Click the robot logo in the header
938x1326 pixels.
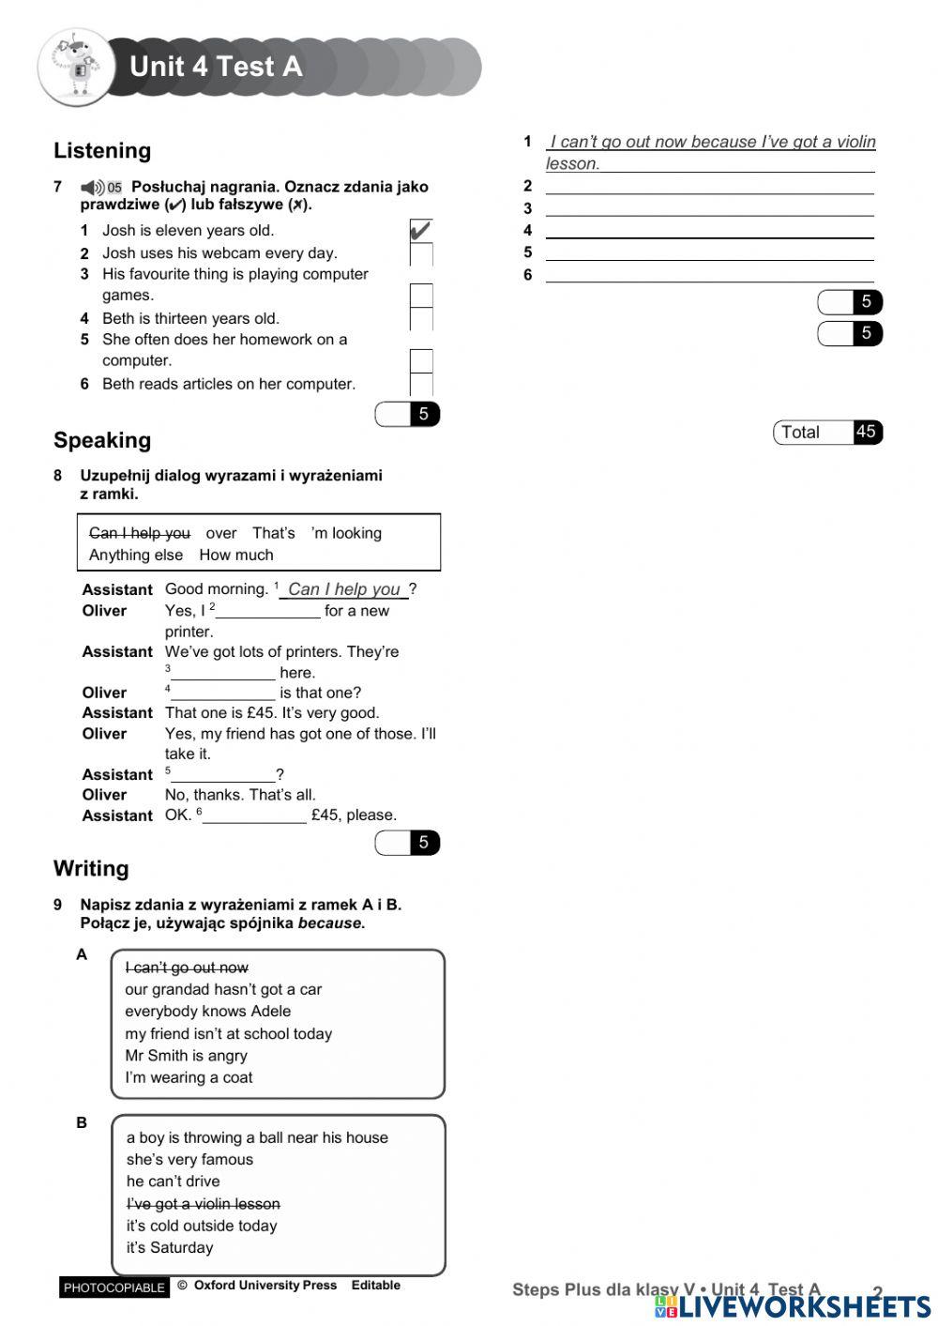73,67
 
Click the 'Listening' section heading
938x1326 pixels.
102,151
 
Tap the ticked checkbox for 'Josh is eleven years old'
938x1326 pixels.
421,230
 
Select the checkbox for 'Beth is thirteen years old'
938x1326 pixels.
421,318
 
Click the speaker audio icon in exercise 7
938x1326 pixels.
93,187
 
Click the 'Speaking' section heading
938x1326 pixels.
102,440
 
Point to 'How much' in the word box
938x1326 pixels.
236,555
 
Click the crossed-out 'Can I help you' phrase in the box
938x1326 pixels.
140,533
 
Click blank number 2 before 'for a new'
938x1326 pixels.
268,611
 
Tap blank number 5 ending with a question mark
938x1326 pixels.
223,775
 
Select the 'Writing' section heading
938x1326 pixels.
91,868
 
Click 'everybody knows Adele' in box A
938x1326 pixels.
207,1012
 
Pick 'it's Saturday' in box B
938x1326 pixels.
170,1248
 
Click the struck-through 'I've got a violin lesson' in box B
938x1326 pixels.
204,1204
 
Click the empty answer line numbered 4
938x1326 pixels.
709,231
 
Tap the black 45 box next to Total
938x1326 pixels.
867,433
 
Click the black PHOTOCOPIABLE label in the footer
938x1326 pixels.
113,1288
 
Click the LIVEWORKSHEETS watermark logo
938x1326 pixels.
793,1306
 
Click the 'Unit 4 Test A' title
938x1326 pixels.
216,67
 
